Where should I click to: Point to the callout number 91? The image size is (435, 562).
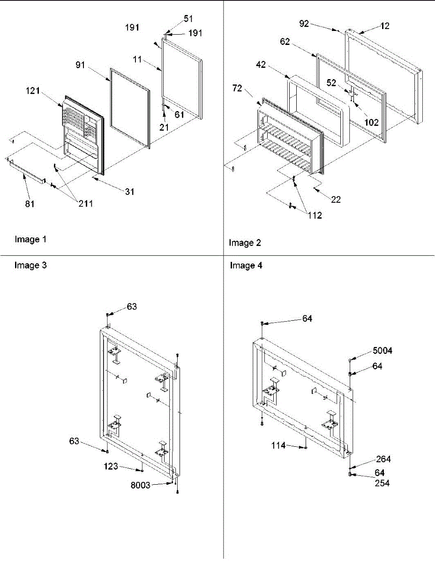click(x=80, y=65)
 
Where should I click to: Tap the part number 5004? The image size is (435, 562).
click(x=383, y=351)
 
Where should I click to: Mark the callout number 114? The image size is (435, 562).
click(x=279, y=445)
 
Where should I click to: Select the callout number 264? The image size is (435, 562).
click(x=382, y=459)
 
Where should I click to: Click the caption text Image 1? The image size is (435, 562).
click(x=30, y=240)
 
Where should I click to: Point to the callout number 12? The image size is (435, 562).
click(x=385, y=26)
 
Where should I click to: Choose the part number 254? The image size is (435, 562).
click(x=382, y=483)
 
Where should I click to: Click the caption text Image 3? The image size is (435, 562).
click(x=30, y=266)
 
